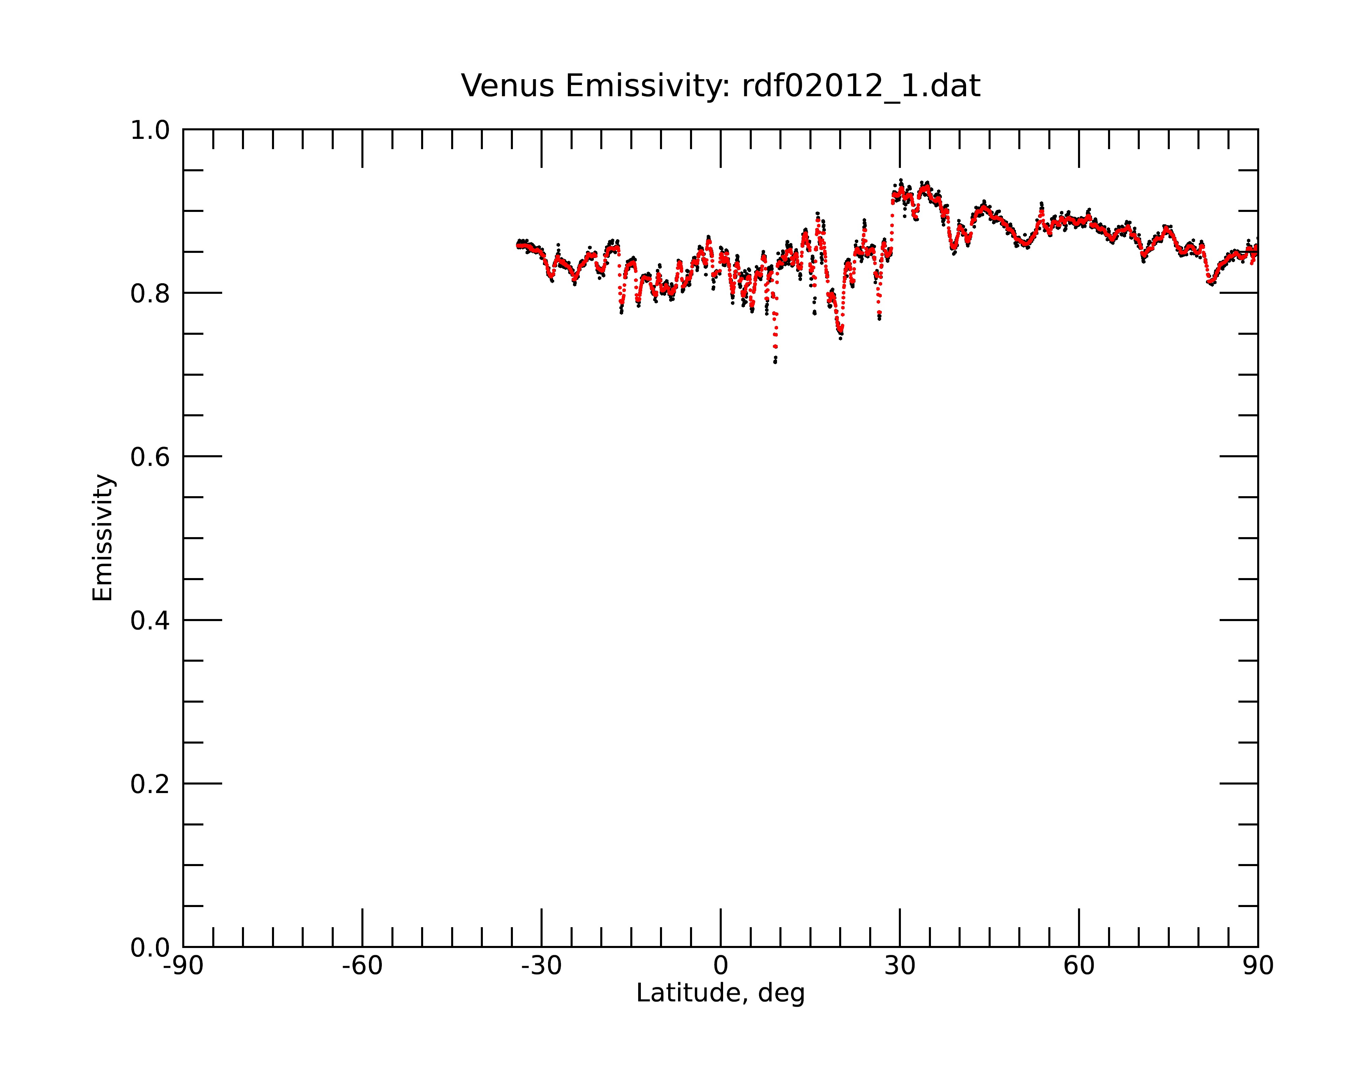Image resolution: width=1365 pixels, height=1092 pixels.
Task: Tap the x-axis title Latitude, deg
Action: click(720, 993)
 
